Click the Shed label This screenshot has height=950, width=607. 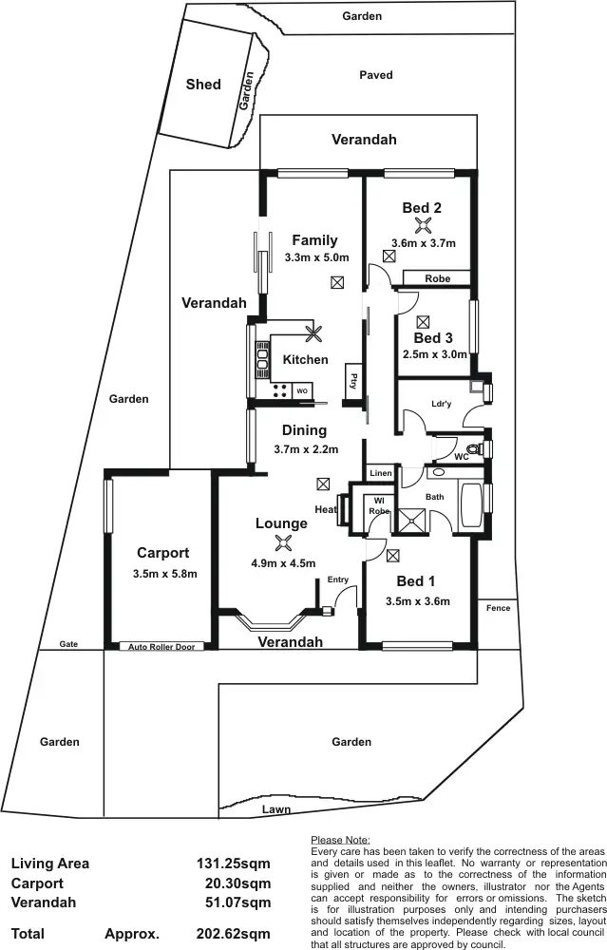[203, 85]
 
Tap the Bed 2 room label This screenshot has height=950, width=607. [422, 208]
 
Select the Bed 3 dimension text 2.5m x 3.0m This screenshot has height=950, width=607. [435, 354]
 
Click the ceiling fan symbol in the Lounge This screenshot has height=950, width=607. [282, 542]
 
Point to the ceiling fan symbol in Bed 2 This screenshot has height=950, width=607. [423, 225]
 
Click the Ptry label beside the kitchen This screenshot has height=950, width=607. [352, 382]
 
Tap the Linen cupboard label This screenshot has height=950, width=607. [380, 473]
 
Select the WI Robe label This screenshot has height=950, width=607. [379, 505]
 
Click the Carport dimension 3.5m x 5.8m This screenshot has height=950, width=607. [164, 574]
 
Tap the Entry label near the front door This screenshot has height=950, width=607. [337, 579]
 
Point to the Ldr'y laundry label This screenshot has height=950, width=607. [441, 403]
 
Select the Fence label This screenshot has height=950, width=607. [498, 608]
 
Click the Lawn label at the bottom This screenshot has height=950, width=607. [276, 810]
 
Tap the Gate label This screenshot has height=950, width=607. [67, 644]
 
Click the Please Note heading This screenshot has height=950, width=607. [340, 840]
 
